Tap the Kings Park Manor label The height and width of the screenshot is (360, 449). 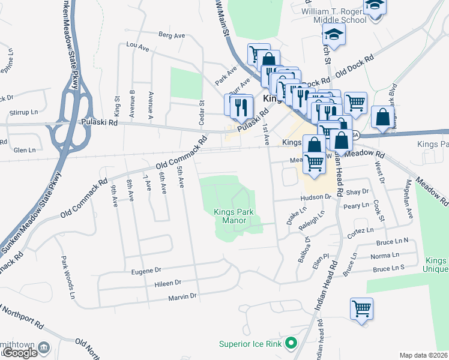tap(230, 216)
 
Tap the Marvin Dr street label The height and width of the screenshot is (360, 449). tap(182, 296)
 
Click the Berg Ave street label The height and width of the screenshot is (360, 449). tap(172, 35)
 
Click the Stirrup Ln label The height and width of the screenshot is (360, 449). tap(23, 112)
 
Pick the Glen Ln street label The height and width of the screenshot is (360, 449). tap(25, 150)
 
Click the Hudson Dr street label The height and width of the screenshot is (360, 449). tap(320, 197)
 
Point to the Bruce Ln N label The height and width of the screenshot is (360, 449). tap(392, 241)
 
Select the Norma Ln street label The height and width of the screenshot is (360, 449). tap(385, 255)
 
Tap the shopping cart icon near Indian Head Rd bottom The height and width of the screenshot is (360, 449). tap(361, 309)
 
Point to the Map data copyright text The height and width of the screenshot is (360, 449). tap(423, 355)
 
